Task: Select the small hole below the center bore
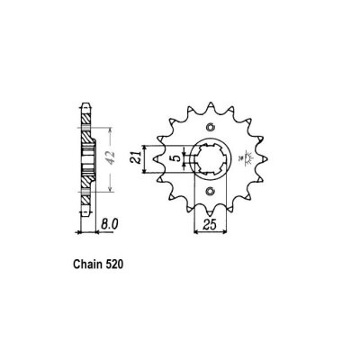tap(212, 192)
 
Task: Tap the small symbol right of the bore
tap(248, 161)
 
